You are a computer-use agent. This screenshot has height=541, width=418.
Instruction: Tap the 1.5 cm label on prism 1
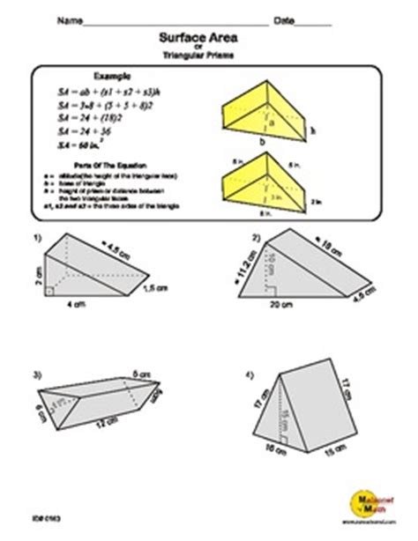(x=155, y=288)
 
